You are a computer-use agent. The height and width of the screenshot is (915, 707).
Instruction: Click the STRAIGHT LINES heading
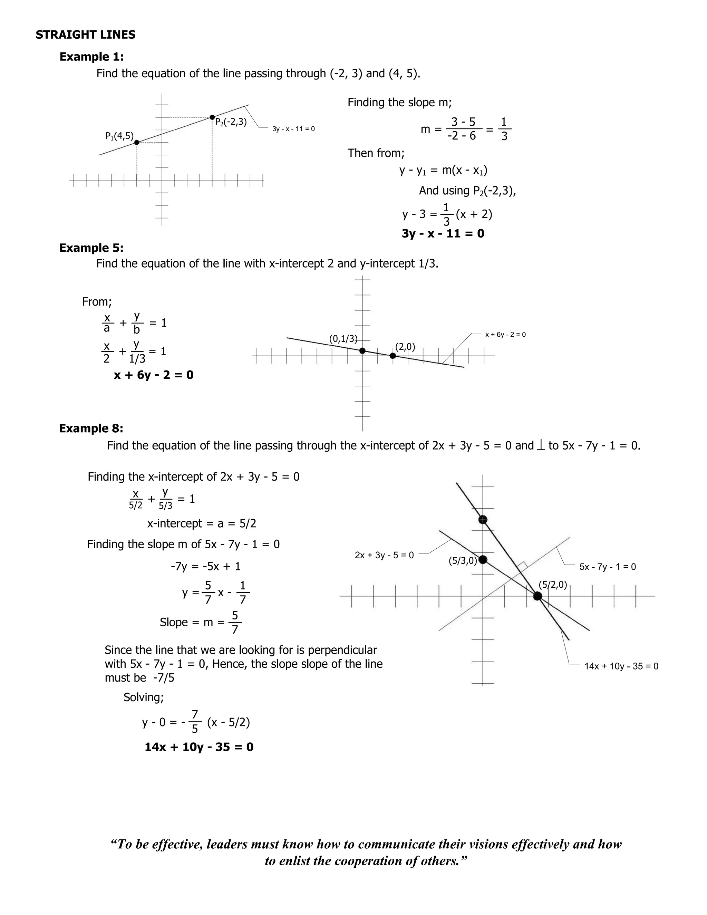coord(86,35)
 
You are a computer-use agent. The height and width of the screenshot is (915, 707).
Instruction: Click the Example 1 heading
coord(91,57)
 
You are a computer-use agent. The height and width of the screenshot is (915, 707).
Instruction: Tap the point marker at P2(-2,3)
coord(212,117)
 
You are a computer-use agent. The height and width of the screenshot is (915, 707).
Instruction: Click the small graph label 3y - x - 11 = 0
coord(293,129)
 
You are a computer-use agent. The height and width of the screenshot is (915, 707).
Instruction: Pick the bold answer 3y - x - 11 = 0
coord(443,233)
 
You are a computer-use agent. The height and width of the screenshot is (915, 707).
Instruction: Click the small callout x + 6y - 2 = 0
coord(505,335)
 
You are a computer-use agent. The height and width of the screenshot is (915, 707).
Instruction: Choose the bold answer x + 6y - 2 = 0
coord(153,375)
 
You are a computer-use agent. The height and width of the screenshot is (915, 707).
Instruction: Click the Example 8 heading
coord(91,428)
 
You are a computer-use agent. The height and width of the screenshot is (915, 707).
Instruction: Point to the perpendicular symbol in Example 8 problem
coord(540,446)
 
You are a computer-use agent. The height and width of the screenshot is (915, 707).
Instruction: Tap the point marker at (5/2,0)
coord(538,596)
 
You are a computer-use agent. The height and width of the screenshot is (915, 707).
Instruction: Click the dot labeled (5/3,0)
coord(483,560)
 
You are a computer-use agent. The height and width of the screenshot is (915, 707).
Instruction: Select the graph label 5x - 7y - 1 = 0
coord(607,567)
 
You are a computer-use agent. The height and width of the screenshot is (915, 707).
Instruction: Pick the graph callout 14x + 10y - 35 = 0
coord(621,666)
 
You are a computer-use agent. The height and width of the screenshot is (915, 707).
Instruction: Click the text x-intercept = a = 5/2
coord(202,524)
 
